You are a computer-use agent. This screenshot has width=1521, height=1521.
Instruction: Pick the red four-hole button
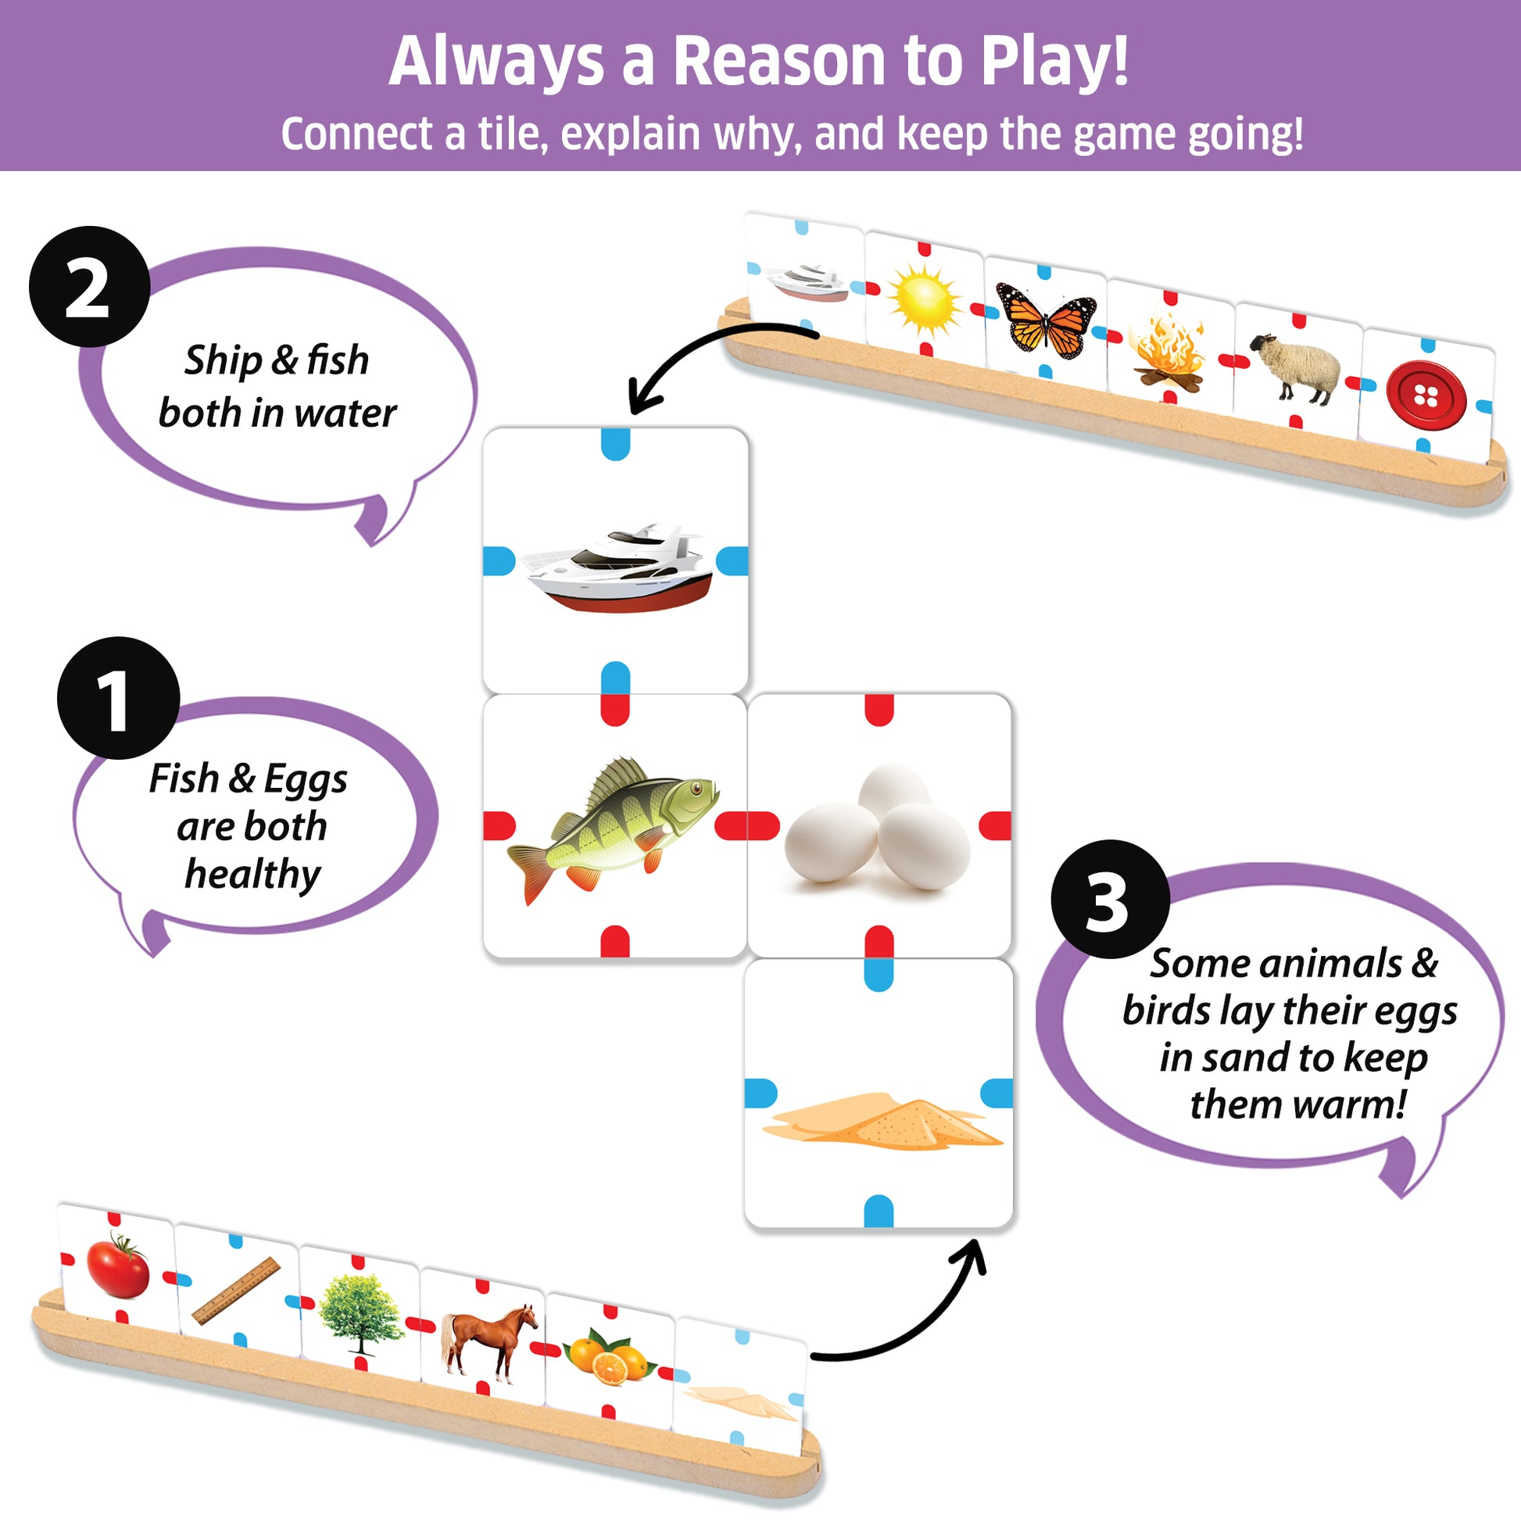pos(1426,396)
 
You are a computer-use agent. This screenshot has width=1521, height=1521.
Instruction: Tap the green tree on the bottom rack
pos(360,1313)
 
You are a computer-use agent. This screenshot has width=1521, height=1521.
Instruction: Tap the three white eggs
pos(878,827)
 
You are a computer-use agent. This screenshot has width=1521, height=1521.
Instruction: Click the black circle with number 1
pos(118,698)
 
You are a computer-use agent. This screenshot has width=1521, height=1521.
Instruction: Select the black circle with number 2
pos(89,287)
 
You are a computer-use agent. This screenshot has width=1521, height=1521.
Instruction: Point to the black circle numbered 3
pos(1109,900)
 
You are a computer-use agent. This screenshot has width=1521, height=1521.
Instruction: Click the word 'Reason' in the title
pos(780,62)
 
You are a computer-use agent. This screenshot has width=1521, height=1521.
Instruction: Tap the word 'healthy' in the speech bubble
pos(252,874)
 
